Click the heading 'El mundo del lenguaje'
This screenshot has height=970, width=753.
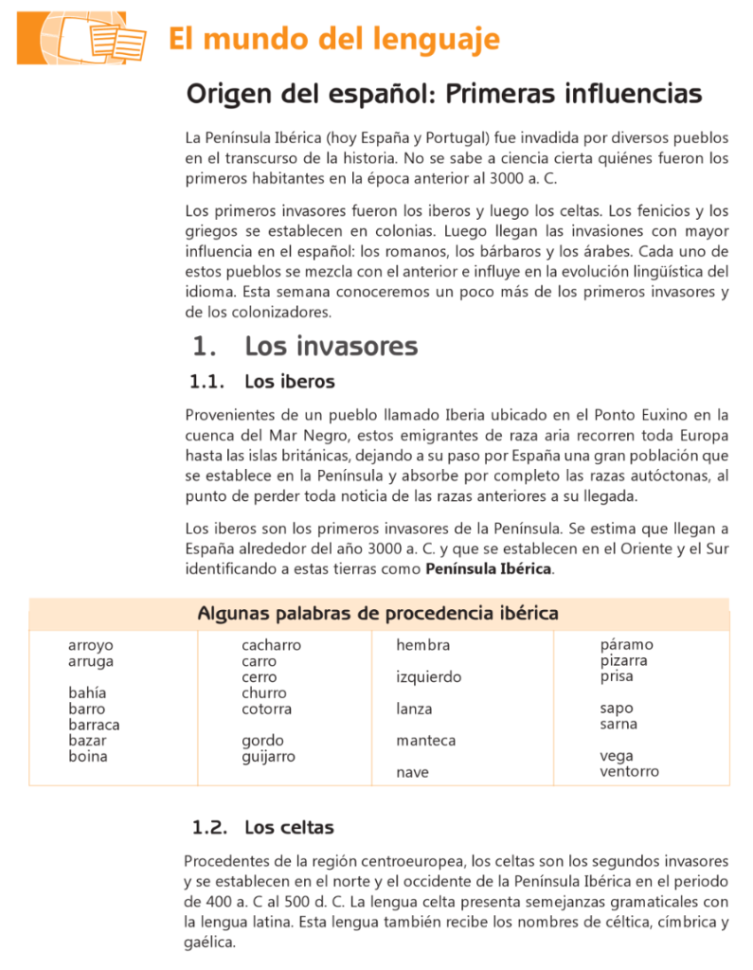(x=333, y=40)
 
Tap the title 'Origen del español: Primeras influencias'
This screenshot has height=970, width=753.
(x=444, y=95)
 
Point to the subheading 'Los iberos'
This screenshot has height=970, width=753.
(x=289, y=382)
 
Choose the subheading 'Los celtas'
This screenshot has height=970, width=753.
(x=289, y=828)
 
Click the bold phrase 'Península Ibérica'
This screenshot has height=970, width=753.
(x=489, y=569)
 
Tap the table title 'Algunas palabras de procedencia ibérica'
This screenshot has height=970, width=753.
(x=378, y=613)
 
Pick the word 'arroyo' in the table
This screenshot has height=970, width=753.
(x=91, y=646)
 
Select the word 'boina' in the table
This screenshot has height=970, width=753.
(x=88, y=756)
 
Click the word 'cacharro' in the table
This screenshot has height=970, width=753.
(x=271, y=646)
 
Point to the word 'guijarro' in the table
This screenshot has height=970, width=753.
(x=268, y=756)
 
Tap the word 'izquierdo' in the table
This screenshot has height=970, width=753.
(x=429, y=677)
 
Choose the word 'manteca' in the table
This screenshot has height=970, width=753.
(x=426, y=741)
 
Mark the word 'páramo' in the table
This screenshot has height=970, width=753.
(x=627, y=645)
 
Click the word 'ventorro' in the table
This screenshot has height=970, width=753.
(x=630, y=771)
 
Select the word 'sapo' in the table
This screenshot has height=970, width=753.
(x=617, y=709)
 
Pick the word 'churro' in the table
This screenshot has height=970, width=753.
(x=263, y=693)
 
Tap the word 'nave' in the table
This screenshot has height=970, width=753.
(x=413, y=772)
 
